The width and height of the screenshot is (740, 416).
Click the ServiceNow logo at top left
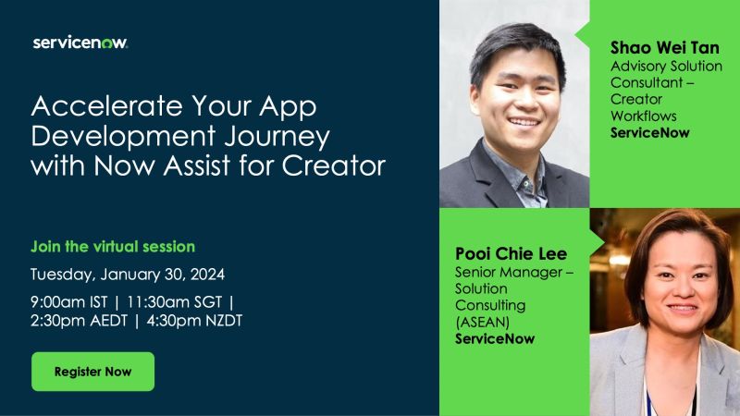(80, 43)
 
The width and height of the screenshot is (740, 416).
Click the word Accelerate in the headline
(106, 105)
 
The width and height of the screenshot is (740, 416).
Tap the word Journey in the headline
(277, 137)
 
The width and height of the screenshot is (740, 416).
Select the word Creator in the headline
(334, 165)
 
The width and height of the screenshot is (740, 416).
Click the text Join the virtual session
(113, 247)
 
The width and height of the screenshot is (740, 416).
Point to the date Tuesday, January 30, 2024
(128, 275)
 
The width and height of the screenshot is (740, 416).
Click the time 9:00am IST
(68, 302)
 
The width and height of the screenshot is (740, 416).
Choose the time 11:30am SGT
(174, 302)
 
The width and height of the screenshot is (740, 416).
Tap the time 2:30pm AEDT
(79, 321)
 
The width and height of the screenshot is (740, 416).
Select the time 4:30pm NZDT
(194, 321)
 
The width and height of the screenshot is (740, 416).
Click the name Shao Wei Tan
(664, 48)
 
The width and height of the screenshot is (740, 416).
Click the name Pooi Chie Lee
(511, 253)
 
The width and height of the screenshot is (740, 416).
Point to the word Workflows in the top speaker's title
(643, 116)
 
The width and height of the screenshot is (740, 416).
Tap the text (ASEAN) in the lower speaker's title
(482, 322)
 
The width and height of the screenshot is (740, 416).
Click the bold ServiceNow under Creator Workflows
(650, 132)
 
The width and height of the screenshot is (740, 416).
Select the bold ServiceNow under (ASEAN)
(495, 338)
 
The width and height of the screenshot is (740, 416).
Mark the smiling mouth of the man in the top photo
(524, 122)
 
